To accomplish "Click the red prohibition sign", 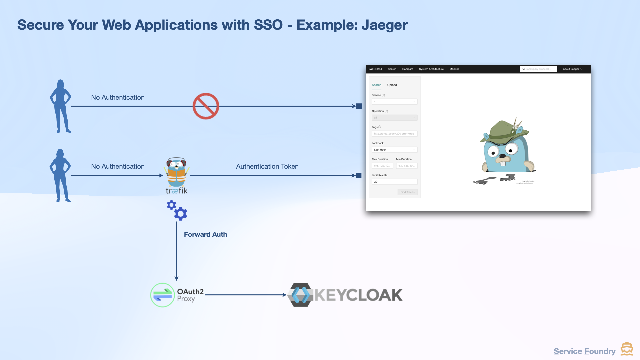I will tap(206, 106).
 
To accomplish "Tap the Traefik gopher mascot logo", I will tap(177, 172).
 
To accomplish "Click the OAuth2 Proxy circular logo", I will tap(162, 295).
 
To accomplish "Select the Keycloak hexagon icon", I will tap(300, 295).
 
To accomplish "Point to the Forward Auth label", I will tap(205, 234).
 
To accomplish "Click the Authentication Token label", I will tap(267, 166).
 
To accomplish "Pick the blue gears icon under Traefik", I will tap(177, 210).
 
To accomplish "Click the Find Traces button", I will tap(407, 192).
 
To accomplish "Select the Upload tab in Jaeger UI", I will tap(392, 85).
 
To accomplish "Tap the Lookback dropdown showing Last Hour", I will tap(394, 150).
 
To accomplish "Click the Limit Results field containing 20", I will tap(394, 182).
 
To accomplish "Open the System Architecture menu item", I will tap(431, 69).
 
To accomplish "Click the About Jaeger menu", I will tap(572, 69).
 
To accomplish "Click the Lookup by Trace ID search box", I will tap(538, 69).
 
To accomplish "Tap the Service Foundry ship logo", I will tap(627, 349).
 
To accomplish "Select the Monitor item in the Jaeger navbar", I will tap(454, 69).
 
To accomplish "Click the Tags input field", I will tap(394, 134).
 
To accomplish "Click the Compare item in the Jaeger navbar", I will tap(408, 69).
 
